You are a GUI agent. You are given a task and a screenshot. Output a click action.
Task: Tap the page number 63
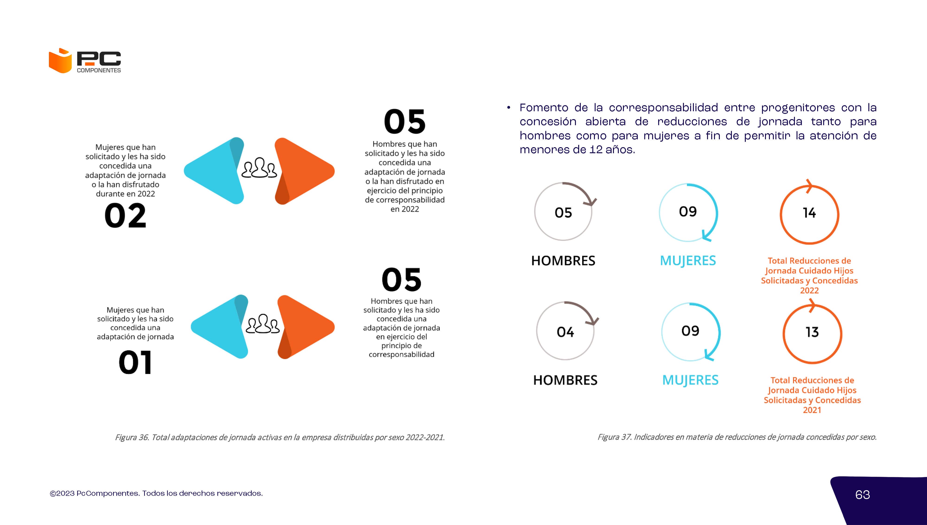[x=863, y=495]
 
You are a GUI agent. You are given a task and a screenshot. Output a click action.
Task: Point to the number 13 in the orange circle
[x=812, y=332]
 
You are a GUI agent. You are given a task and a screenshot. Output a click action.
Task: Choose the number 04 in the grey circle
[x=565, y=332]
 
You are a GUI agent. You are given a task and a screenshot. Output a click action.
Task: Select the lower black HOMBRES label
[x=565, y=380]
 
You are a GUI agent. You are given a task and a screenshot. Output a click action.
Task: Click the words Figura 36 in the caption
[x=132, y=437]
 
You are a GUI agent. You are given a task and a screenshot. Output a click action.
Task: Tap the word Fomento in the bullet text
[x=544, y=108]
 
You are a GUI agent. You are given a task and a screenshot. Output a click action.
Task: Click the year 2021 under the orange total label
[x=812, y=410]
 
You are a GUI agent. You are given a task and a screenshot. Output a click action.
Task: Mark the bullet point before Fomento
[x=508, y=108]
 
